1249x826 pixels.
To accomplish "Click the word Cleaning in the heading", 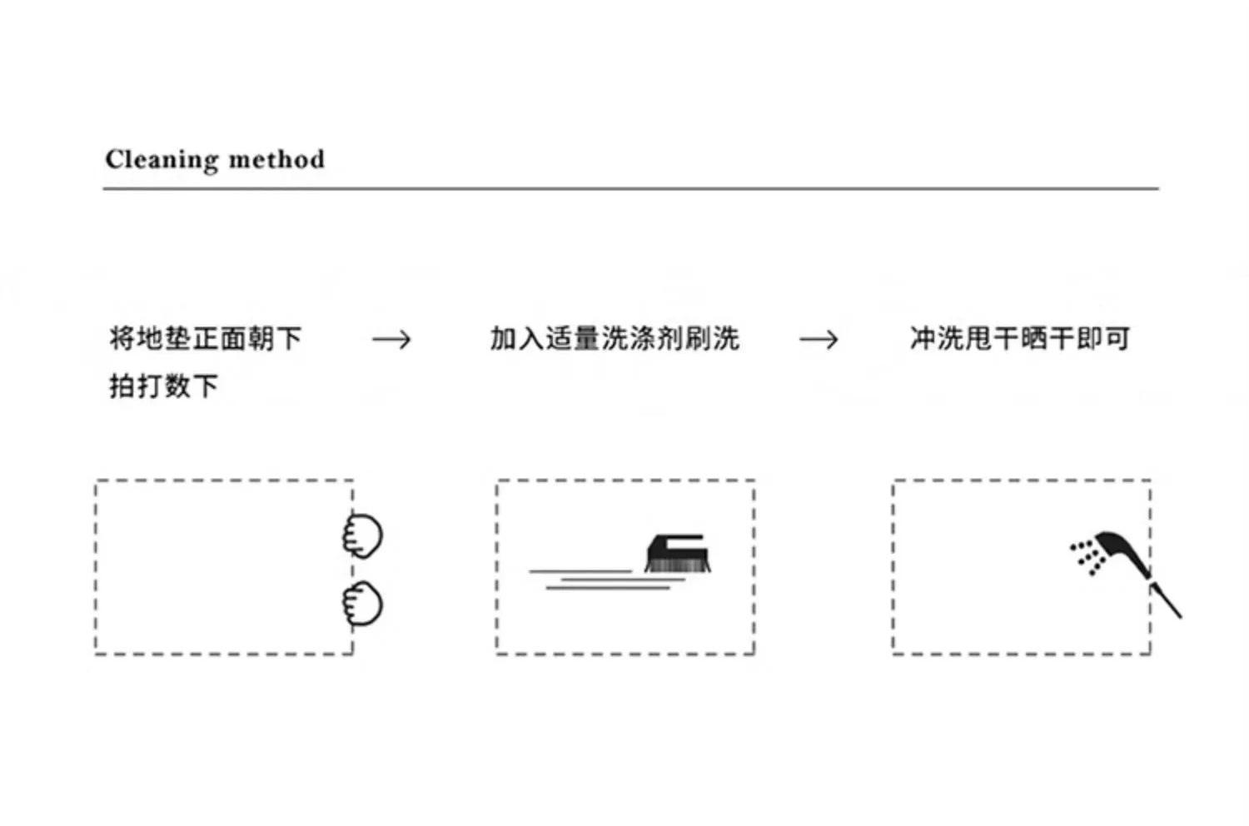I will pos(157,159).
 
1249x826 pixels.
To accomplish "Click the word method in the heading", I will pos(276,159).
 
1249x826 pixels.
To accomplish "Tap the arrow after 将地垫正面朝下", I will pos(391,340).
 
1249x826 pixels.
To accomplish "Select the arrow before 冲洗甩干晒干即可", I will pos(819,340).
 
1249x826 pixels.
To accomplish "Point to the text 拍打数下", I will pos(163,386).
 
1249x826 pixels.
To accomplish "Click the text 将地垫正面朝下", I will pos(205,338).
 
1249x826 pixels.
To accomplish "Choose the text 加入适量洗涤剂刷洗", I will pos(615,339).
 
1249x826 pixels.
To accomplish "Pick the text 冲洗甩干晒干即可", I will pos(1019,339).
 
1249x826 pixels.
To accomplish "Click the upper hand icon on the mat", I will pos(363,535).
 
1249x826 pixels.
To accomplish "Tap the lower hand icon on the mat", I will pos(363,604).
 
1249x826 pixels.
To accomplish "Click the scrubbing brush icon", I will pos(678,553).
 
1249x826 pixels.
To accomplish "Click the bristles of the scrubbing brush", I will pos(678,565).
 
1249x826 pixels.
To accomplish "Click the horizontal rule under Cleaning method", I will pos(630,189).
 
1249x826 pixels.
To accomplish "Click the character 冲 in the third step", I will pos(923,339).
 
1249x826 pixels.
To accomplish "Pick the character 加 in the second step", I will pos(503,339).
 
